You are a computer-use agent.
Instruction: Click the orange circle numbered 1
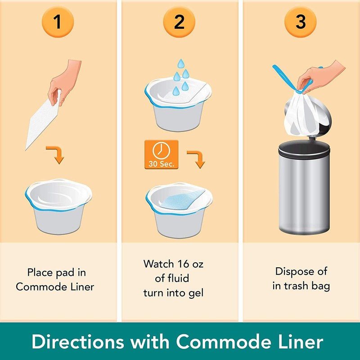coord(58,22)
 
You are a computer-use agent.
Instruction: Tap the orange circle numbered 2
coord(179,22)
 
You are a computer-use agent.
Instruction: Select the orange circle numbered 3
coord(300,22)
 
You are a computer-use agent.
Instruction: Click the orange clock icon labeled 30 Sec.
coord(162,154)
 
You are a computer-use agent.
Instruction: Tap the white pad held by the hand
coord(42,121)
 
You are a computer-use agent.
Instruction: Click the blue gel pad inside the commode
coord(181,200)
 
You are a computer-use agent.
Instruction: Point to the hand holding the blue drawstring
coord(320,77)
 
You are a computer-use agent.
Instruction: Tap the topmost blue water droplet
coord(181,63)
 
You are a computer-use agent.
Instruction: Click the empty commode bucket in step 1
coord(58,206)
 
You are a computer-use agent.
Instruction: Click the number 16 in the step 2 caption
coord(183,264)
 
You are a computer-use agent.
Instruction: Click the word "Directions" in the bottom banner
coord(78,342)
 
